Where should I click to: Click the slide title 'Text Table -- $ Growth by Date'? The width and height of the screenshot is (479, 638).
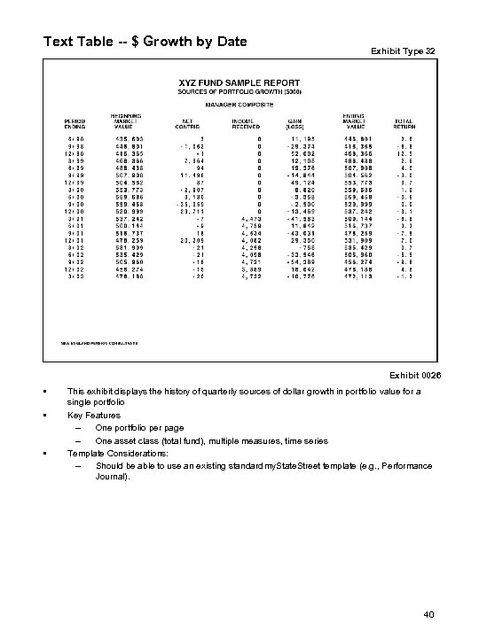pyautogui.click(x=145, y=41)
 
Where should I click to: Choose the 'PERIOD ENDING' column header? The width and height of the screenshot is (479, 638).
pyautogui.click(x=74, y=125)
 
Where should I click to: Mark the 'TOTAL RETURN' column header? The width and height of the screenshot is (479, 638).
pyautogui.click(x=404, y=125)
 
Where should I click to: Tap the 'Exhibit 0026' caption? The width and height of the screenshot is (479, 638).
pyautogui.click(x=412, y=376)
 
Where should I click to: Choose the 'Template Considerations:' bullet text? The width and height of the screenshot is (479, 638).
pyautogui.click(x=119, y=452)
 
